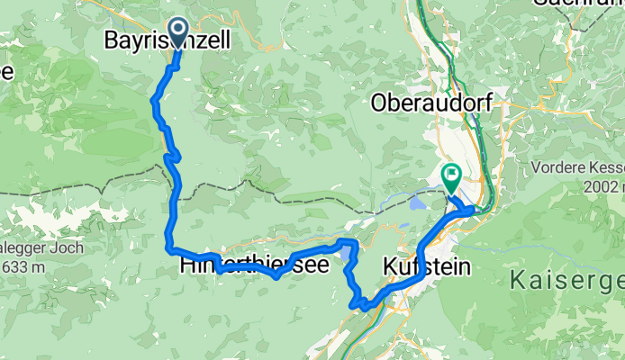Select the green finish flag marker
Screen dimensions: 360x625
pyautogui.click(x=449, y=174)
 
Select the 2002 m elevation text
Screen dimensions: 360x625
pyautogui.click(x=602, y=186)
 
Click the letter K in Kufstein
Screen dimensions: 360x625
pyautogui.click(x=390, y=266)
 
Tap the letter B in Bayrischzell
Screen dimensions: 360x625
pyautogui.click(x=113, y=40)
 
